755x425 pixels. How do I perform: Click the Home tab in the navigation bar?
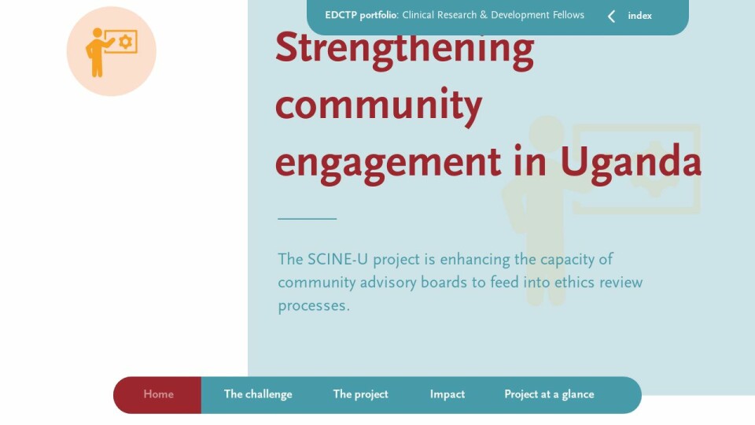[158, 394]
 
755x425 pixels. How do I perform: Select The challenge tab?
[258, 394]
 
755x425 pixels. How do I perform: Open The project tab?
[361, 394]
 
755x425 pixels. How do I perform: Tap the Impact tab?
[447, 394]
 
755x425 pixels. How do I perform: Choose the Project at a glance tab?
[549, 394]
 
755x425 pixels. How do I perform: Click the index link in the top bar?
[639, 16]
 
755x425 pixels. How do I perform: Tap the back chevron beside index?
[612, 17]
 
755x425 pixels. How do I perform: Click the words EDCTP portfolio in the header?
[361, 16]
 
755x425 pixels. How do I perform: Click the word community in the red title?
[378, 105]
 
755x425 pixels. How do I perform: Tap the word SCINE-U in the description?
[337, 259]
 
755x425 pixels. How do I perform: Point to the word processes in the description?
[314, 306]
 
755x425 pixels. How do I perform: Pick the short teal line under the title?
[308, 219]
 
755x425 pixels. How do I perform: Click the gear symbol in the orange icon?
[126, 42]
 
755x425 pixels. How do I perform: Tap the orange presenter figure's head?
[98, 33]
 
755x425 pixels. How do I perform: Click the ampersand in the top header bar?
[484, 15]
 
